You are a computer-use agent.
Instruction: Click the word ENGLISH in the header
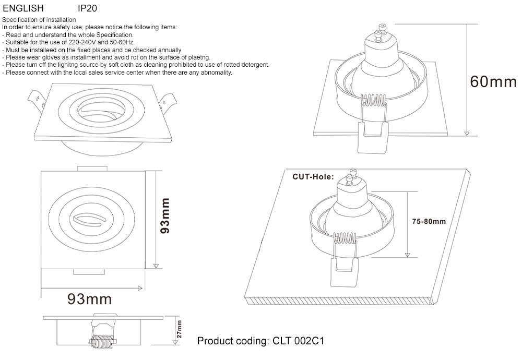23,9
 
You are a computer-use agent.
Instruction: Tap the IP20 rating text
87,9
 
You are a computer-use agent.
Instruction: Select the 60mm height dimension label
493,82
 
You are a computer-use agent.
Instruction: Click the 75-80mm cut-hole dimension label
429,221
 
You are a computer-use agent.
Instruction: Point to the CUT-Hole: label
313,177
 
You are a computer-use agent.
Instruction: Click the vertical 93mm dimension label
165,215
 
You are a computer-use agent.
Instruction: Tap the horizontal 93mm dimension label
89,299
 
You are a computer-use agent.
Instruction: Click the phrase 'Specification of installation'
39,20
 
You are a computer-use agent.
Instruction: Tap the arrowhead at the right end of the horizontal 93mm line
140,287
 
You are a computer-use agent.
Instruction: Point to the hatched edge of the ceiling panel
339,302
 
